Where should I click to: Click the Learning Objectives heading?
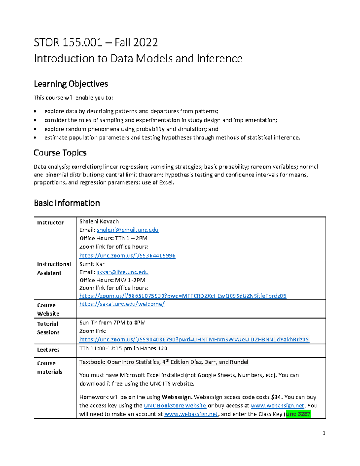[71, 84]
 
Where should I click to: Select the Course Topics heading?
[60, 153]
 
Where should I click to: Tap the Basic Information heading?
[67, 203]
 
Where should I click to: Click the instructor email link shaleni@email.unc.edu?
[127, 230]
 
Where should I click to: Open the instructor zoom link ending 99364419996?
[127, 256]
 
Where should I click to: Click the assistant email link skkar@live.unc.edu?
[123, 272]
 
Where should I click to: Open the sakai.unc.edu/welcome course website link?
[122, 304]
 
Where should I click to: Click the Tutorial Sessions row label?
[48, 328]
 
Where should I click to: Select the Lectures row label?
[48, 350]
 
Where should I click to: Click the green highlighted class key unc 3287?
[298, 414]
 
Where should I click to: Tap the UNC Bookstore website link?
[175, 406]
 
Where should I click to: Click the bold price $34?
[276, 397]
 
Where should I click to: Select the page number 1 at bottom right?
[324, 433]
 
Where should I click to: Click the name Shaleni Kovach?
[99, 221]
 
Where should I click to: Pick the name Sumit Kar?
[92, 264]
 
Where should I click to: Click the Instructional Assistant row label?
[54, 269]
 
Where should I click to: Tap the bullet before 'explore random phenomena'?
[35, 129]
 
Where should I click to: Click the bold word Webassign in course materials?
[177, 397]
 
